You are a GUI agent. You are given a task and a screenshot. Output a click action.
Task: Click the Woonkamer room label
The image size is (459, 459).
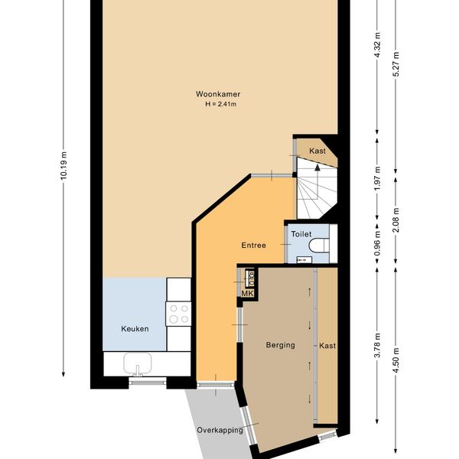pos(218,94)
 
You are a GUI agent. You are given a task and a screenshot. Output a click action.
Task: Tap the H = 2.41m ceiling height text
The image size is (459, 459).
pos(221,104)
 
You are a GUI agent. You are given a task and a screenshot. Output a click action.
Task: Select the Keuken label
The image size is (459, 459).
pos(135,329)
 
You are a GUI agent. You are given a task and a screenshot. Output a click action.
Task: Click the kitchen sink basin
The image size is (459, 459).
pos(138,363)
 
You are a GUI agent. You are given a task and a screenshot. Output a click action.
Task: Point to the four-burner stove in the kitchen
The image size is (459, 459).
pos(178,314)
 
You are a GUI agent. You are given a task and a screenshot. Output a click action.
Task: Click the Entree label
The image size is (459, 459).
pos(254,245)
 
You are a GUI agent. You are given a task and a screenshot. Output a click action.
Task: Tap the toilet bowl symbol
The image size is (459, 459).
pos(319,246)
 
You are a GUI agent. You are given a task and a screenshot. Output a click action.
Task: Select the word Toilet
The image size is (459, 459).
pos(301,234)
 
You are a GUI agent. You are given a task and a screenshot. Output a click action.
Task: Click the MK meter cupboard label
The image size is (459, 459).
pos(247,294)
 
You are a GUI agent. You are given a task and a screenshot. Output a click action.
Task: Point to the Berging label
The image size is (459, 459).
pos(281,345)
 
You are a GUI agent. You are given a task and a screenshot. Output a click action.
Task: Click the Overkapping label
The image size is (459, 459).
pos(220,430)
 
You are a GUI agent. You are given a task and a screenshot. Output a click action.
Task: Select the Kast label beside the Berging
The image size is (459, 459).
pos(327,346)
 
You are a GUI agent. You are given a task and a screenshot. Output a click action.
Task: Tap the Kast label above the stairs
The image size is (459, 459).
pos(317,151)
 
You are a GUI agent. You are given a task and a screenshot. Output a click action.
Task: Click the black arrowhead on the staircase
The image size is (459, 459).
pos(317,168)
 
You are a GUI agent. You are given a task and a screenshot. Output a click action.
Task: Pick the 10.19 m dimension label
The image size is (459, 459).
pos(63,165)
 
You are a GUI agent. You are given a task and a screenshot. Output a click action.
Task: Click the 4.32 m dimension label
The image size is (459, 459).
pos(378,45)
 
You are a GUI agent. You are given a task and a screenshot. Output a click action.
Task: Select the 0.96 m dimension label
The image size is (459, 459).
pos(378,243)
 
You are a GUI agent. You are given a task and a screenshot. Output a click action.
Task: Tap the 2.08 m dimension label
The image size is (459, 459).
pos(396,220)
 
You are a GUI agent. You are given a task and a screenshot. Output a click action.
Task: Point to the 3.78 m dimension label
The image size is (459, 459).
pos(378,345)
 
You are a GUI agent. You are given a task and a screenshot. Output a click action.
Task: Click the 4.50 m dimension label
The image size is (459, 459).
pos(396,360)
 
